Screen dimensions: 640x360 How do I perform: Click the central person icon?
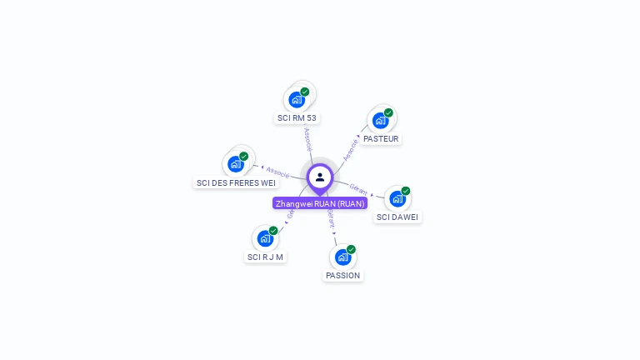[320, 177]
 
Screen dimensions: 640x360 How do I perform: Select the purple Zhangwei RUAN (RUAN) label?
[320, 203]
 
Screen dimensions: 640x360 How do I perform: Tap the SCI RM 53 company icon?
[297, 100]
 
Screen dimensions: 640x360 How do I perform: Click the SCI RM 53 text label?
[297, 118]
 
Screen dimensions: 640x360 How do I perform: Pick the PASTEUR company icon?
[380, 120]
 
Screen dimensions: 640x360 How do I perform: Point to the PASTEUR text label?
[381, 139]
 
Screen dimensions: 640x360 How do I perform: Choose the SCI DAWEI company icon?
[397, 198]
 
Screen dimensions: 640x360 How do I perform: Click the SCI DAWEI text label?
[398, 217]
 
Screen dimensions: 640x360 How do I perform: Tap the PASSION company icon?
[342, 257]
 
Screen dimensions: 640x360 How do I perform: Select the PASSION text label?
[343, 276]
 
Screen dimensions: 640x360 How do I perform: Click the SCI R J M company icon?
[265, 238]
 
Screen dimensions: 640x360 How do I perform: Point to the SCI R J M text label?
[266, 257]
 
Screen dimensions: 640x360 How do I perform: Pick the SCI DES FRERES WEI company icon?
[236, 164]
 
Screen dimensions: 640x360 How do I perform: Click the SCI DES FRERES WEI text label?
[235, 183]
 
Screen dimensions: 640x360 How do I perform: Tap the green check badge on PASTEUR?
[388, 112]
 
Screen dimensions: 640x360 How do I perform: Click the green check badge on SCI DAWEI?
[406, 191]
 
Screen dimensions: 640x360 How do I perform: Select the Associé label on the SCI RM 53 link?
[307, 138]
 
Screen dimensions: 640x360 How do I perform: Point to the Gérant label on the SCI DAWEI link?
[359, 189]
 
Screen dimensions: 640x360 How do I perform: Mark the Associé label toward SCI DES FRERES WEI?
[277, 172]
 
